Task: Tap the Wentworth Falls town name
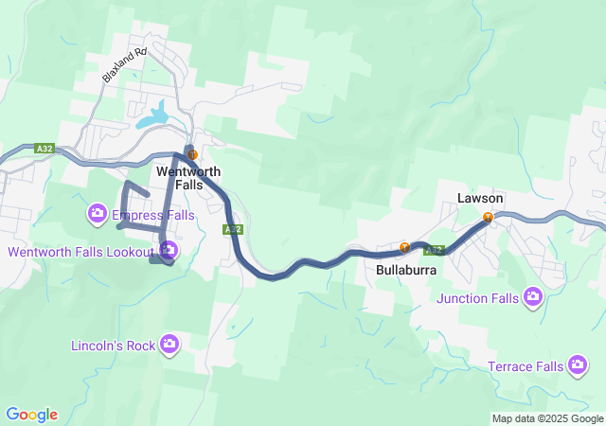[x=188, y=178]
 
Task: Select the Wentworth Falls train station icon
[x=192, y=153]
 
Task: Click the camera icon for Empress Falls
[x=97, y=215]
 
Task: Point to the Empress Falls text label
[x=152, y=216]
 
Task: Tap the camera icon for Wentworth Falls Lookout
[x=169, y=251]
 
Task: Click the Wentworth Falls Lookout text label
[x=80, y=252]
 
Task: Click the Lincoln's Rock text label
[x=113, y=346]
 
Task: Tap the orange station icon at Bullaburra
[x=404, y=248]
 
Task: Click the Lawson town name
[x=480, y=199]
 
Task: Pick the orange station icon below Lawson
[x=488, y=218]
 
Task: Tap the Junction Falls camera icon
[x=533, y=298]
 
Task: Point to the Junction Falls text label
[x=478, y=299]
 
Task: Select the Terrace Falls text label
[x=526, y=366]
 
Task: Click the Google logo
[x=31, y=415]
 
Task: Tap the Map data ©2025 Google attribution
[x=547, y=418]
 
